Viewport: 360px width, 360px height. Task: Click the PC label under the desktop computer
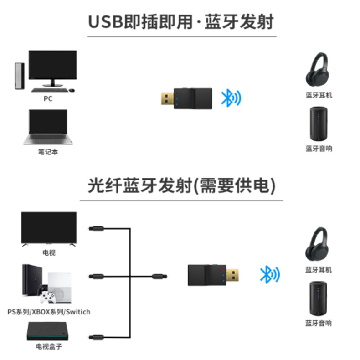click(x=48, y=98)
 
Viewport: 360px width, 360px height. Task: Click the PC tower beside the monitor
click(x=17, y=75)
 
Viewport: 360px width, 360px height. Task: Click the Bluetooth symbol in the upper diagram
click(x=231, y=97)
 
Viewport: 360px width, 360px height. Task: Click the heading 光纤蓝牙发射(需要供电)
click(x=181, y=187)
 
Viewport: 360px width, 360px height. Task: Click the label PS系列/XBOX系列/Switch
click(x=49, y=312)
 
